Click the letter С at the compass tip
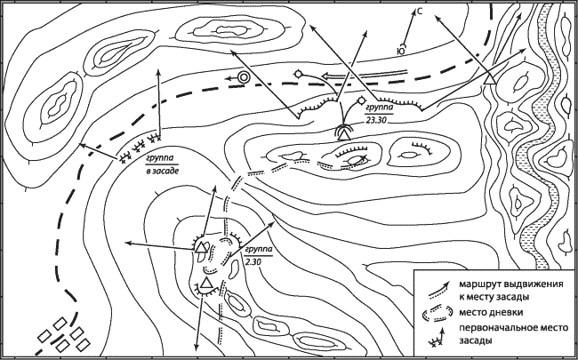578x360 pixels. pyautogui.click(x=420, y=12)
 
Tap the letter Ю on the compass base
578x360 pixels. pyautogui.click(x=401, y=51)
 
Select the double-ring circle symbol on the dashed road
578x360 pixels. pyautogui.click(x=244, y=77)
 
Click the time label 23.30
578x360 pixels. pyautogui.click(x=376, y=120)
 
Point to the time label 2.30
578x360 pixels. pyautogui.click(x=253, y=261)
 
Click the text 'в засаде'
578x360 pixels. pyautogui.click(x=161, y=171)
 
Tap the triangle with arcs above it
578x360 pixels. pyautogui.click(x=344, y=133)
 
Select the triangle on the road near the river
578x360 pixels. pyautogui.click(x=490, y=79)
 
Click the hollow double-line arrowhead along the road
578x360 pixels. pyautogui.click(x=327, y=76)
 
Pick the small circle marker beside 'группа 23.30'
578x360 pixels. pyautogui.click(x=361, y=100)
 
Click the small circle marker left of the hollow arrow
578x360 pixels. pyautogui.click(x=298, y=74)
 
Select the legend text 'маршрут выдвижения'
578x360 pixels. pyautogui.click(x=511, y=284)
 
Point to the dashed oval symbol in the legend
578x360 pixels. pyautogui.click(x=438, y=313)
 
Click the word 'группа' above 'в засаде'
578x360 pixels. pyautogui.click(x=160, y=158)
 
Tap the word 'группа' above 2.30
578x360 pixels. pyautogui.click(x=258, y=250)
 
